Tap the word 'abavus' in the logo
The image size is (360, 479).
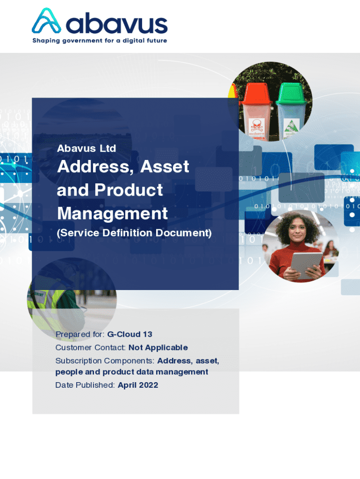pos(116,23)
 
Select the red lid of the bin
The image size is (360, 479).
pos(257,93)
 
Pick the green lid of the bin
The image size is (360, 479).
pos(292,92)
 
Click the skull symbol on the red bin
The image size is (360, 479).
pos(256,125)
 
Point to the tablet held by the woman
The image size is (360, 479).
pos(306,265)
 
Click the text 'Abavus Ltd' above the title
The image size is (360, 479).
pos(86,148)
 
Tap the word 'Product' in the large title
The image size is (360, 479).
pos(129,190)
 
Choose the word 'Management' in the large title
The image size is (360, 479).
pos(112,213)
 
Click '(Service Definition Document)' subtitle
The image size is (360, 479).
pos(134,233)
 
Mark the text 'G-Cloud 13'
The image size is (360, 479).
pos(130,334)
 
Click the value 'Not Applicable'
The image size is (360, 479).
pos(158,348)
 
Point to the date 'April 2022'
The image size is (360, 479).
pos(138,385)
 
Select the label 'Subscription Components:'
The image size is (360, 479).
pos(105,361)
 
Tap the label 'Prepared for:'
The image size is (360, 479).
pos(80,334)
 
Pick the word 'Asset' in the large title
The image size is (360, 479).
pos(165,167)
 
